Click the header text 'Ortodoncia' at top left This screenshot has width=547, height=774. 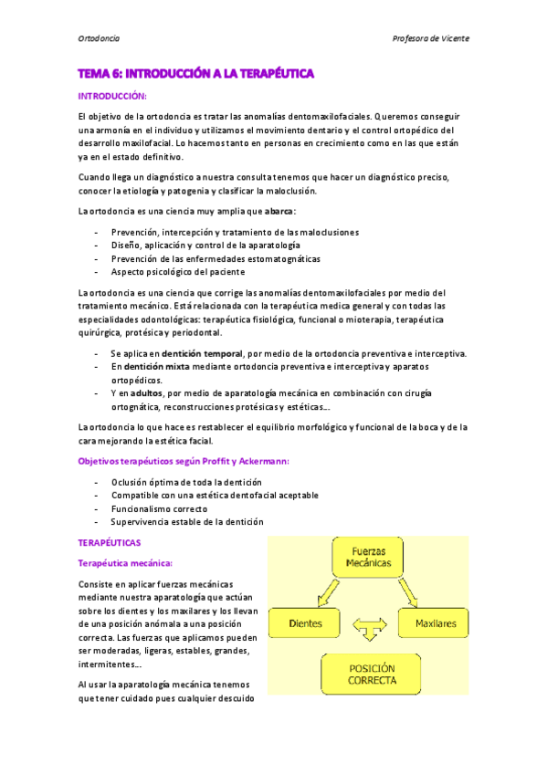pyautogui.click(x=100, y=39)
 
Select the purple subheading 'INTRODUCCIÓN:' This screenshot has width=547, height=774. pyautogui.click(x=112, y=96)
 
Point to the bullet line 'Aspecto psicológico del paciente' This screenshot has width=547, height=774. pyautogui.click(x=177, y=272)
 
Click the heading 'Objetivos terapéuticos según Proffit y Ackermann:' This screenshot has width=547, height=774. pyautogui.click(x=184, y=462)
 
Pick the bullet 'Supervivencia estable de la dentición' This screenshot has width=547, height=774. pyautogui.click(x=187, y=522)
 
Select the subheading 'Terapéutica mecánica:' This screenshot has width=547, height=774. pyautogui.click(x=125, y=563)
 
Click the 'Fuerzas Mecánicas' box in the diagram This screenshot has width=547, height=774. pyautogui.click(x=368, y=558)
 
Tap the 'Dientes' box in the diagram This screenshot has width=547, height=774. pyautogui.click(x=307, y=624)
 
